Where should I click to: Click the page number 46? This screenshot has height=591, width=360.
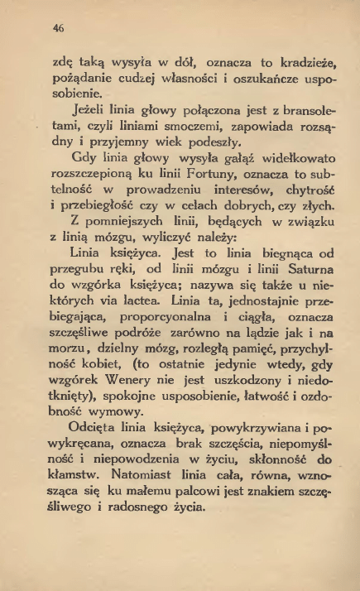[59, 26]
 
